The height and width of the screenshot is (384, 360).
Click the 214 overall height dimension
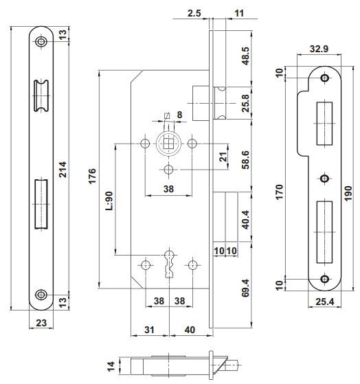point(63,169)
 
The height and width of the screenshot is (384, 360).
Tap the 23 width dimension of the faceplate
point(41,323)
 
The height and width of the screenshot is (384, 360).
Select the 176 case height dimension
point(92,176)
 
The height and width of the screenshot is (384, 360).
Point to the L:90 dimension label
point(109,201)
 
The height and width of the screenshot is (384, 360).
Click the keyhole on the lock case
point(169,264)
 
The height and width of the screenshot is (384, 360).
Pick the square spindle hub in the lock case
point(168,144)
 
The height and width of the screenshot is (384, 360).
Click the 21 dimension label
point(223,157)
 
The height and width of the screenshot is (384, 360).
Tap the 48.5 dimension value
point(246,56)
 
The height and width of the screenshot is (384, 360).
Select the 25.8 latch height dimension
point(246,103)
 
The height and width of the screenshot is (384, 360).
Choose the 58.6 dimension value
point(246,160)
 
